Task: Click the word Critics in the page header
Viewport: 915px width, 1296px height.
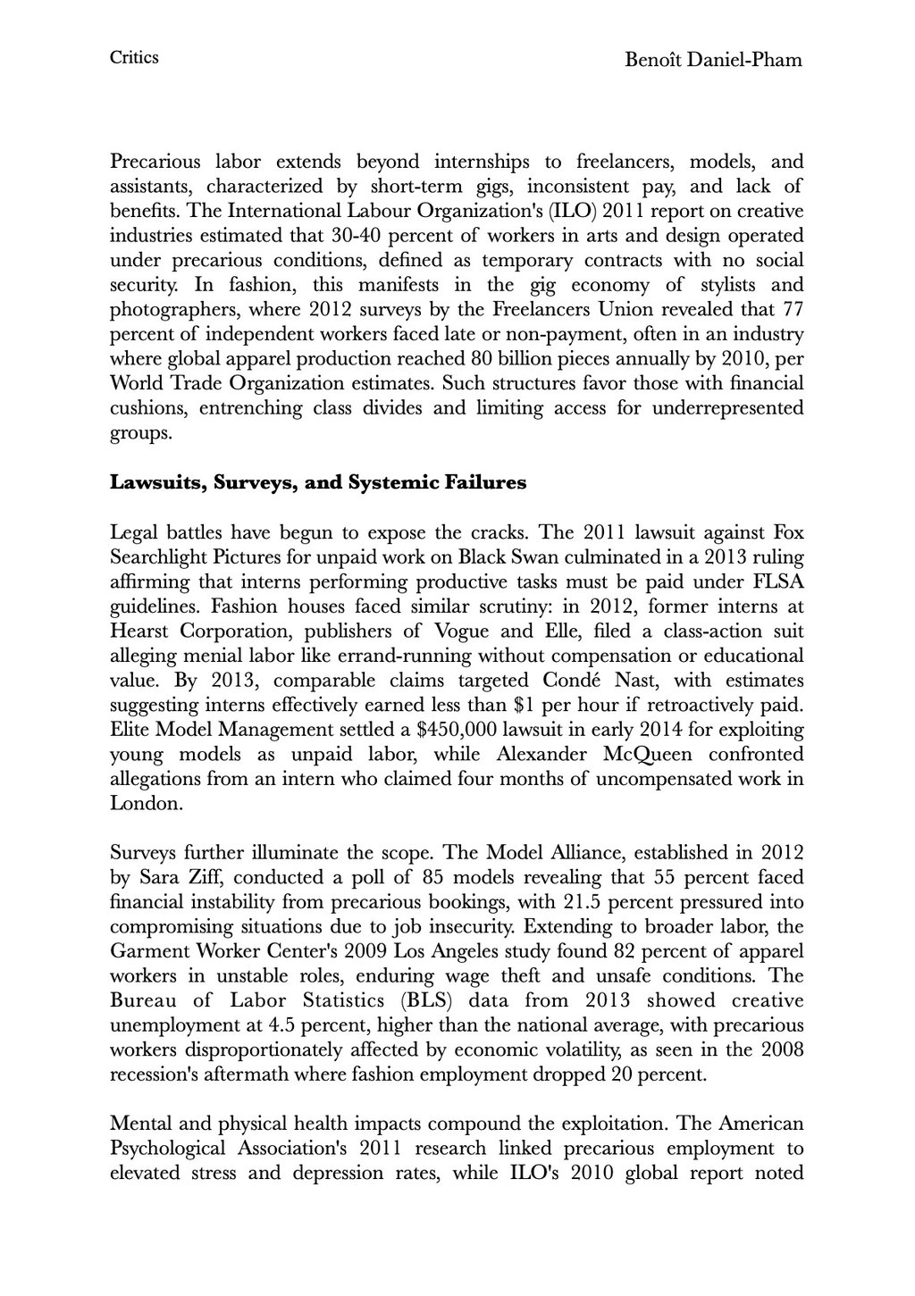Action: point(134,58)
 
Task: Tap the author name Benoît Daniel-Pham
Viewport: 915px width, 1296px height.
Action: point(713,60)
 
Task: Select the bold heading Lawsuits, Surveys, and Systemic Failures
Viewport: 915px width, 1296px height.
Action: point(317,483)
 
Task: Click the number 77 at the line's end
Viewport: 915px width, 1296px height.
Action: point(792,310)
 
